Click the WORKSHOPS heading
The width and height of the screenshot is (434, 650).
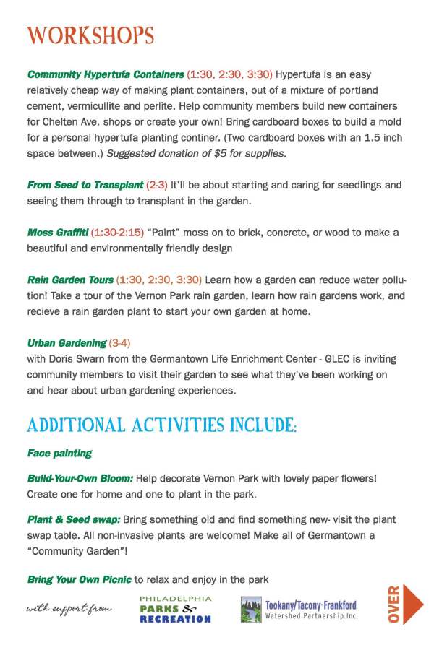[90, 35]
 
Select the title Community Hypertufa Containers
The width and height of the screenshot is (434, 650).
[106, 74]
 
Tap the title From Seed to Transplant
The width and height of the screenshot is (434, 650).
[85, 186]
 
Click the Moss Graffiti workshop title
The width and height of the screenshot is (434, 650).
[58, 233]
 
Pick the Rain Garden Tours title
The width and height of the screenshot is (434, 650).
[70, 279]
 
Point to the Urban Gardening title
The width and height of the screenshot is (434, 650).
[67, 342]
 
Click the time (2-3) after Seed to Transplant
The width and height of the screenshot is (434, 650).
[156, 186]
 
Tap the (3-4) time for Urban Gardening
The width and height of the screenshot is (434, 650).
[119, 342]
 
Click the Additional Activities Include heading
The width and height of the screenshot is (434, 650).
[162, 424]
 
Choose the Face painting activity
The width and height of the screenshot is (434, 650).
[59, 454]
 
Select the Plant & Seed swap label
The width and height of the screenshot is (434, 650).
[74, 520]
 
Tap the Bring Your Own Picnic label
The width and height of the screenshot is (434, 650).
[80, 579]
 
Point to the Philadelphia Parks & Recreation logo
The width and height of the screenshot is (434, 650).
[176, 609]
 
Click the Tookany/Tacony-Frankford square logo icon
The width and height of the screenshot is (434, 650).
[251, 610]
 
